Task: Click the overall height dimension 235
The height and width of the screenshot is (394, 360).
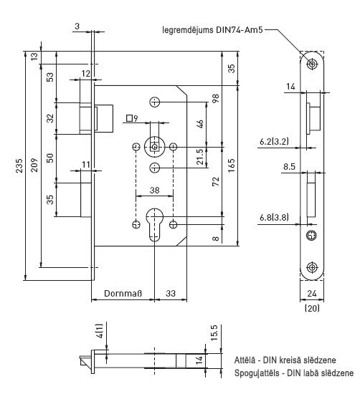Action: point(19,165)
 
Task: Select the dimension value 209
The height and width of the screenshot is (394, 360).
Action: point(34,165)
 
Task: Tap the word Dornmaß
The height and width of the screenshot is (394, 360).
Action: point(123,293)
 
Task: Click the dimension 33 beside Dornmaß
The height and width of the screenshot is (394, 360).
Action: point(171,293)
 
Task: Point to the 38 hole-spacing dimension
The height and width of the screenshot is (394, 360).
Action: point(154,190)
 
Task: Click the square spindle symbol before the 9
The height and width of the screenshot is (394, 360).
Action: point(129,118)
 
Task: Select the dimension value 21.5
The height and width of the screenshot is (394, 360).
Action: point(200,157)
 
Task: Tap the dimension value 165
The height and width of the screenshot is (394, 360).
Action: point(231,165)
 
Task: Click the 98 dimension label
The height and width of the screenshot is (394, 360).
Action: point(216,98)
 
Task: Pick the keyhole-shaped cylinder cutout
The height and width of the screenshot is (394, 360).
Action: point(154,225)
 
